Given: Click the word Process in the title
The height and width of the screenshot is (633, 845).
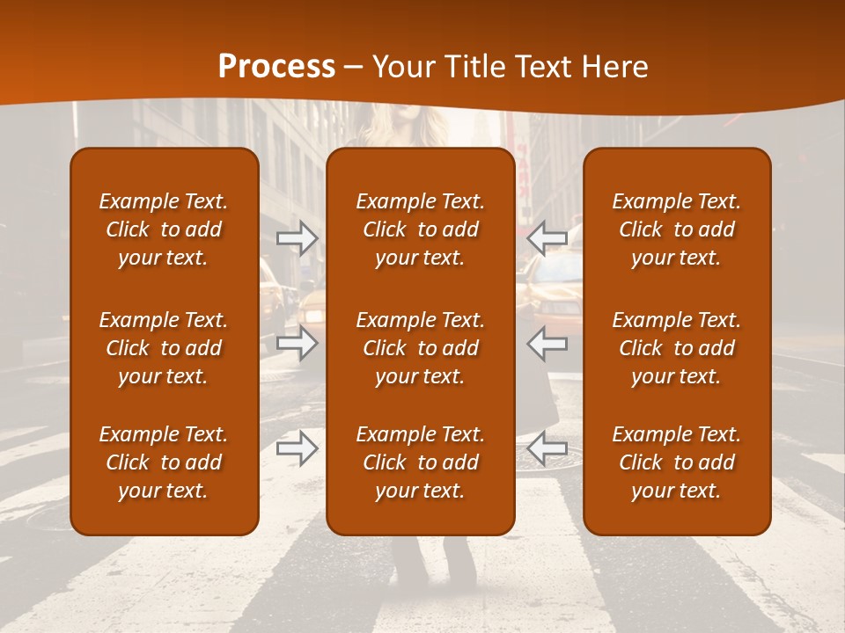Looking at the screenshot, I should (x=276, y=67).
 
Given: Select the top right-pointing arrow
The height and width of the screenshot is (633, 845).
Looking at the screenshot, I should (x=298, y=237).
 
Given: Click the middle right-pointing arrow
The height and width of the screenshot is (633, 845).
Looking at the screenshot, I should (x=298, y=343).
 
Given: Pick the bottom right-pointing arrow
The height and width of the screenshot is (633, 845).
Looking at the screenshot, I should (x=298, y=448).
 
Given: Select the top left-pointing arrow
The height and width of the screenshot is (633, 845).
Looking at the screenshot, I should (x=547, y=237).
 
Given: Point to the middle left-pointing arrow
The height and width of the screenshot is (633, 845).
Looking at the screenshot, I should (x=547, y=343).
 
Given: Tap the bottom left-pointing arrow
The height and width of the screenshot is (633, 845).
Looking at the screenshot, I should (x=547, y=448).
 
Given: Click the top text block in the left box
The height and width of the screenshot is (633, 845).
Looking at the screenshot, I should (x=164, y=229).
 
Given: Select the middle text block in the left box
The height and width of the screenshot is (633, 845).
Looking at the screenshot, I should (x=164, y=348).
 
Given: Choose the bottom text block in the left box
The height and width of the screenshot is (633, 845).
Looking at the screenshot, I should (x=164, y=462).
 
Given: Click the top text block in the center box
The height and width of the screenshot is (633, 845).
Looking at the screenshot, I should (x=420, y=229).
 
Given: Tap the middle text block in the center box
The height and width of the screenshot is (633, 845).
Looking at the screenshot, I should (x=420, y=348).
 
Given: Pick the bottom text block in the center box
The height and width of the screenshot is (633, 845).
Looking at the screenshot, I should (x=420, y=462).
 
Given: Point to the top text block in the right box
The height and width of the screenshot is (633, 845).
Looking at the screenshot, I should (x=676, y=229).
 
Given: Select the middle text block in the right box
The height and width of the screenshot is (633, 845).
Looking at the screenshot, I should (x=676, y=348).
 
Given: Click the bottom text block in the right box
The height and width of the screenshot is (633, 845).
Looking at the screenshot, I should (x=676, y=462).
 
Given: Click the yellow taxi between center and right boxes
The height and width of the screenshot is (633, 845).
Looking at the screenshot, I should (x=551, y=290).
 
